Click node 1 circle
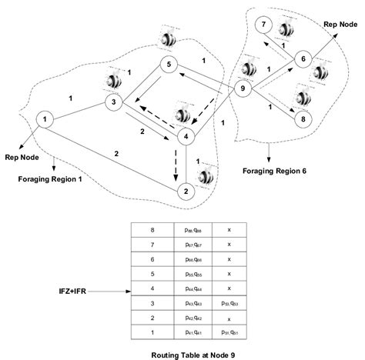[x=47, y=119]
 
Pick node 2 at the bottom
[x=185, y=190]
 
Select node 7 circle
[x=265, y=26]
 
